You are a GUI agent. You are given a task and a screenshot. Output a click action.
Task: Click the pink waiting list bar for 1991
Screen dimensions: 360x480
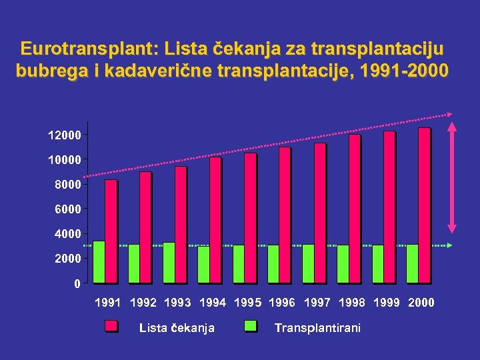(111, 231)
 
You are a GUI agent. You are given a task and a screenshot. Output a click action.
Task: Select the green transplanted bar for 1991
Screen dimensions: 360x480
(99, 261)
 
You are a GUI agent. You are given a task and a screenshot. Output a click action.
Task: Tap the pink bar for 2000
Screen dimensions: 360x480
(424, 205)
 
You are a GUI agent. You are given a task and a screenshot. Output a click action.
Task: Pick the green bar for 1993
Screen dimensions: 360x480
(169, 262)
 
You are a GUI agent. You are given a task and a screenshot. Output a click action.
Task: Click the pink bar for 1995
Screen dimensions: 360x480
(250, 217)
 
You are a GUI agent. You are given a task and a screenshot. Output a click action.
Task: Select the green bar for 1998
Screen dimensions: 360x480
(343, 263)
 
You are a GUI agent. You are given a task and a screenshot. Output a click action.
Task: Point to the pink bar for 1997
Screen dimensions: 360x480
(319, 213)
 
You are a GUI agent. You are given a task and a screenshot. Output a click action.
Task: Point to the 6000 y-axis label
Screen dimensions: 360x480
(67, 209)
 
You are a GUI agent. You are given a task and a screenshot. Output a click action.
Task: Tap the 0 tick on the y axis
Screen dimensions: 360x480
(77, 283)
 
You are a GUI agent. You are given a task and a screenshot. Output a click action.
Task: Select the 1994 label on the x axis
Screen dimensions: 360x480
(213, 303)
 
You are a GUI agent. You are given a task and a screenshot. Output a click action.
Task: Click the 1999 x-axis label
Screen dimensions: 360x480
(387, 303)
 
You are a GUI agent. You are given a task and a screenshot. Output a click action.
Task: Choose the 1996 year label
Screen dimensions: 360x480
(282, 303)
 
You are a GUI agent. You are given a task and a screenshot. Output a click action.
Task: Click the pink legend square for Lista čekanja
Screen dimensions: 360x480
(111, 327)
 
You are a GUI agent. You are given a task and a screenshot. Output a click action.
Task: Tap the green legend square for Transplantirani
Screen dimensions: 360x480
(251, 327)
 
